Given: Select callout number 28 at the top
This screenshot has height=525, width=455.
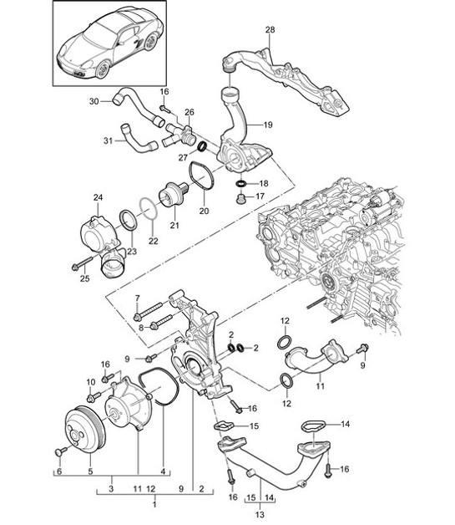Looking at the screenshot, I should [270, 31].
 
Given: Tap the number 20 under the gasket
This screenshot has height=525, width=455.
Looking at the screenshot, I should [204, 212].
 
